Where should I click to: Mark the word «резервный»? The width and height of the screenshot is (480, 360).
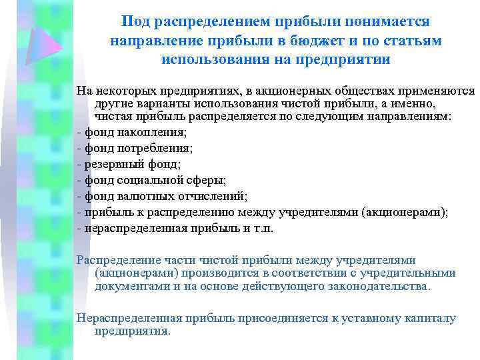(x=111, y=164)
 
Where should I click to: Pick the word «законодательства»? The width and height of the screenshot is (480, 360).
(x=381, y=286)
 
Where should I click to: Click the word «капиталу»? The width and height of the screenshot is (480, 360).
(x=429, y=318)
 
